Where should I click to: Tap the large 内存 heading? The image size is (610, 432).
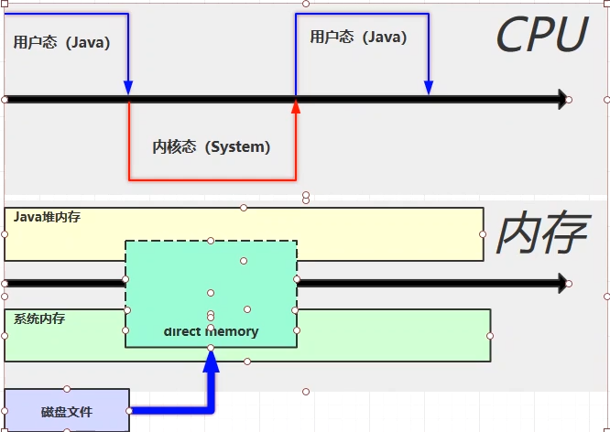(x=540, y=234)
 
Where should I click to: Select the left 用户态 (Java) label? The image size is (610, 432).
(x=61, y=42)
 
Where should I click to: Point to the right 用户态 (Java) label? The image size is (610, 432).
(x=358, y=37)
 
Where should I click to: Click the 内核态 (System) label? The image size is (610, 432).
(x=212, y=146)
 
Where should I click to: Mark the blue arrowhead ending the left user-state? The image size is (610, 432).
(x=128, y=86)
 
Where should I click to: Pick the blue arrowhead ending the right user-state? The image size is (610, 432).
(x=428, y=86)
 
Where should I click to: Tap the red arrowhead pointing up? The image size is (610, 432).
(x=296, y=107)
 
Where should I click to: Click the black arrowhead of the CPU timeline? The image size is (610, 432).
(x=561, y=99)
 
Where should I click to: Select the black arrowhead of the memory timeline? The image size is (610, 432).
(x=561, y=284)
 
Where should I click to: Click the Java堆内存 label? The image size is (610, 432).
(x=47, y=217)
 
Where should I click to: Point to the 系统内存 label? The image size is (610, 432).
(x=39, y=319)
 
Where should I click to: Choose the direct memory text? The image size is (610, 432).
(x=211, y=331)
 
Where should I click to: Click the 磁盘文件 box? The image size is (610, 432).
(x=67, y=411)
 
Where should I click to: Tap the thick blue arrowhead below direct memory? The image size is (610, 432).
(x=211, y=361)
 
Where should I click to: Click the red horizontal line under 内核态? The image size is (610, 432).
(x=212, y=178)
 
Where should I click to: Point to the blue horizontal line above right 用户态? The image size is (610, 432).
(x=362, y=14)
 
